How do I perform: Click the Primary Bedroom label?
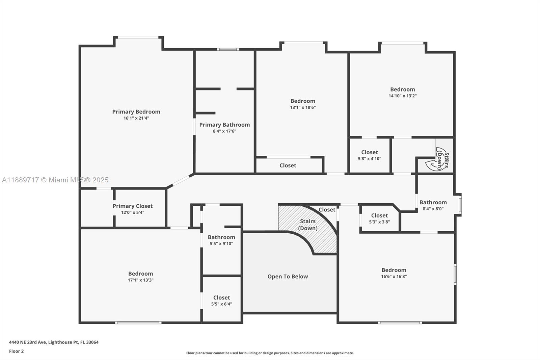(x=136, y=112)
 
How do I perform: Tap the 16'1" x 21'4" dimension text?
(x=136, y=118)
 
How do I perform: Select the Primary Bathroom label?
(x=224, y=125)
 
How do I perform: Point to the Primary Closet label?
(x=133, y=206)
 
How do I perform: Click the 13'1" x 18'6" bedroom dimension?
(x=303, y=107)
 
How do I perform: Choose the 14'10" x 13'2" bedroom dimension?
(x=402, y=96)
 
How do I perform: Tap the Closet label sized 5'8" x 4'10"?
(x=369, y=152)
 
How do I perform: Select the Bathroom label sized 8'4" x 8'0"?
(x=433, y=202)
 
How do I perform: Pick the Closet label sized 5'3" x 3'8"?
(x=379, y=215)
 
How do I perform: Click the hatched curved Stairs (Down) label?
(x=307, y=225)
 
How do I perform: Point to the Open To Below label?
(x=288, y=277)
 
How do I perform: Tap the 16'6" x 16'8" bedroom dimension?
(x=394, y=277)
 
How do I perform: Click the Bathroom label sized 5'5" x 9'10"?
(x=221, y=237)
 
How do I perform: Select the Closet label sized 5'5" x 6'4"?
(x=221, y=298)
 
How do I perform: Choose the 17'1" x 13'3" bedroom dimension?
(x=140, y=280)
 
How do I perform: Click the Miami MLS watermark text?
(x=55, y=180)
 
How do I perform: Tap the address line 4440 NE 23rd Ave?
(x=54, y=342)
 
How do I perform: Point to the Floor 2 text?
(x=16, y=351)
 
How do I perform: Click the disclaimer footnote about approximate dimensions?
(x=270, y=353)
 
